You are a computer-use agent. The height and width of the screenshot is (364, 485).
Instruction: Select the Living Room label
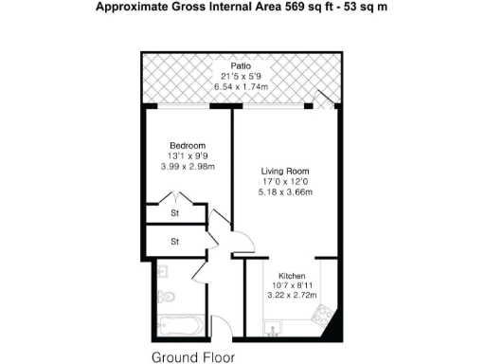pos(285,171)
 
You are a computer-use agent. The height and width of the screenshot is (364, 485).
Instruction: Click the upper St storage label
pos(175,214)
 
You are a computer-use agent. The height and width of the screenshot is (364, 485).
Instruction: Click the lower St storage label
pos(175,242)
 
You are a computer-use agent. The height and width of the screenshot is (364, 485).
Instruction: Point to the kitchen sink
pos(273,330)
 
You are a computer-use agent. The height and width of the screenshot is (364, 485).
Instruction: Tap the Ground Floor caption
pos(192,357)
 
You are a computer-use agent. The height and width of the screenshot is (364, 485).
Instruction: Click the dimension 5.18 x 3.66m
pos(285,192)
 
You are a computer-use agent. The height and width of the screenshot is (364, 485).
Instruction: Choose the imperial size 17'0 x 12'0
pos(285,182)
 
